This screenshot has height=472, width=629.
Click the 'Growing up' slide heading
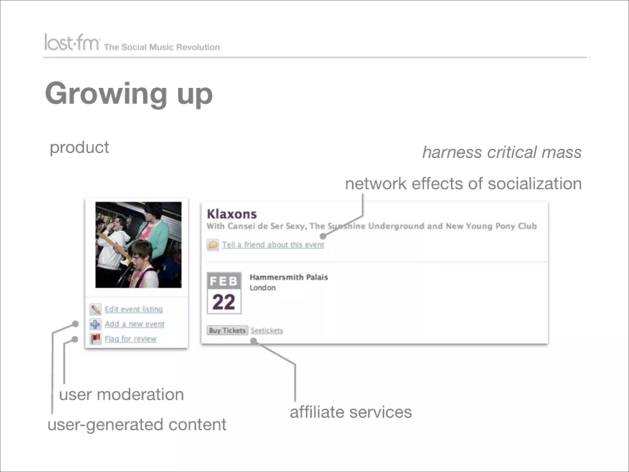(129, 93)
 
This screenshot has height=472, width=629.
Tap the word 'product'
(79, 147)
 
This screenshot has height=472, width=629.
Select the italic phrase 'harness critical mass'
(502, 152)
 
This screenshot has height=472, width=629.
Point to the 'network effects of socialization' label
(463, 183)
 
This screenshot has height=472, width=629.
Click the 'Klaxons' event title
(232, 214)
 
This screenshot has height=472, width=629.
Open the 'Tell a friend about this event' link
(273, 245)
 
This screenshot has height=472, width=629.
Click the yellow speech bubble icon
(213, 245)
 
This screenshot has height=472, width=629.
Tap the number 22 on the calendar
(224, 302)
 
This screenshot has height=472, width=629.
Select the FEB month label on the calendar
(224, 281)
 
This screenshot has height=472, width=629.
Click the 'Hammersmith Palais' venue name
(289, 277)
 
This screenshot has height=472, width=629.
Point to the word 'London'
(263, 288)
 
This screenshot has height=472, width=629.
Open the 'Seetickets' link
(267, 331)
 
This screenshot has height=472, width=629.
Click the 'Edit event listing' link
(134, 309)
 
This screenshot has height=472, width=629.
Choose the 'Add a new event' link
(135, 324)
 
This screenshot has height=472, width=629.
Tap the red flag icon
(96, 339)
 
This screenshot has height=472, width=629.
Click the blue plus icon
(95, 324)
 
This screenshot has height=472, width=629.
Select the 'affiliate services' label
(351, 412)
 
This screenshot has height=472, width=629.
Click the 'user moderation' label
(121, 395)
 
